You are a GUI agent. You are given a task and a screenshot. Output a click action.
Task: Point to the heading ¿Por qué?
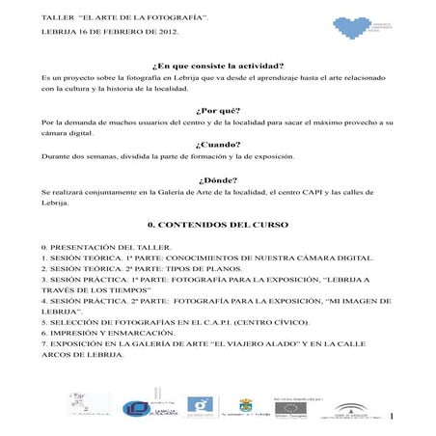tap(217, 110)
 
